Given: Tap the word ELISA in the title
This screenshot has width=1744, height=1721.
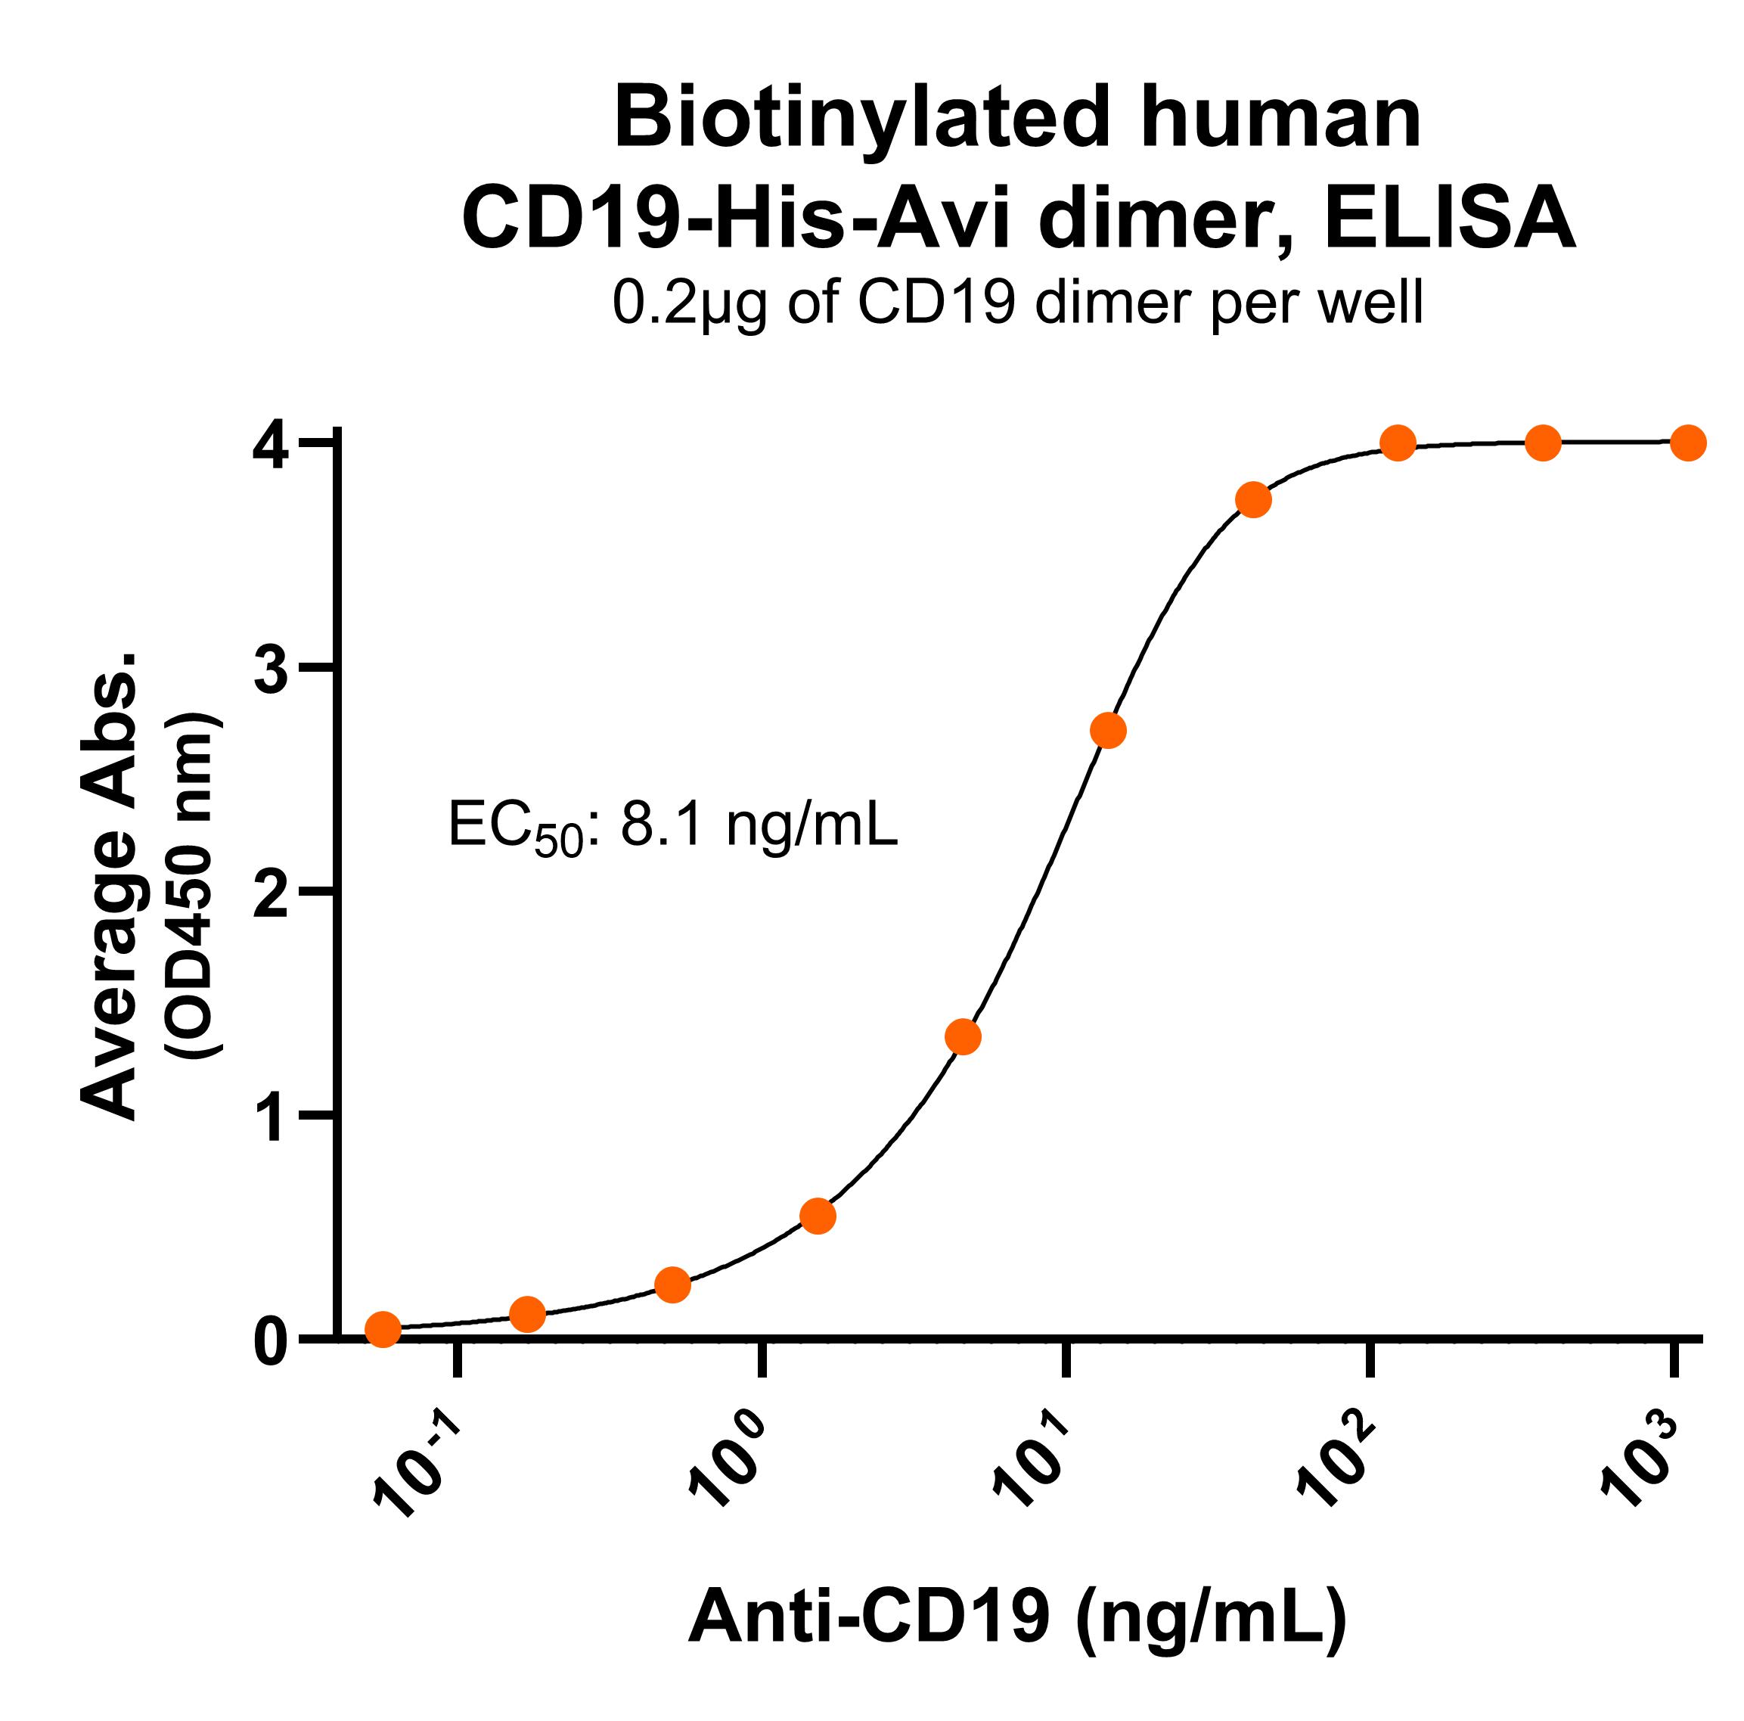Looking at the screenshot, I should pos(1451,219).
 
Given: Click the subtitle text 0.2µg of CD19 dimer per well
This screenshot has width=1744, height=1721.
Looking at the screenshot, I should pos(1017,303).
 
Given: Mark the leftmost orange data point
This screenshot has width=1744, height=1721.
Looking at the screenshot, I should pos(383,1328).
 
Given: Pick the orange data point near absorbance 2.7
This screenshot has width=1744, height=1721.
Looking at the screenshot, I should pos(1109,729).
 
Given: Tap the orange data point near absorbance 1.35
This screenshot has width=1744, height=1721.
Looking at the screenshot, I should pos(964,1037).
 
